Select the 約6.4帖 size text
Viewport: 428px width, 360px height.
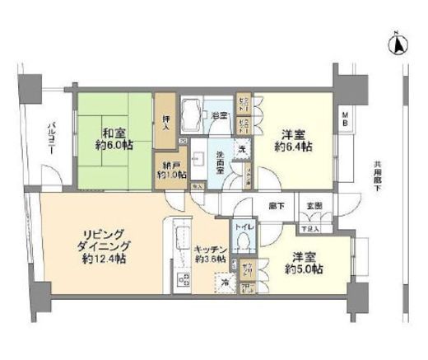tap(294, 147)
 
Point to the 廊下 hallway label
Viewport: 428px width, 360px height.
tap(277, 205)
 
